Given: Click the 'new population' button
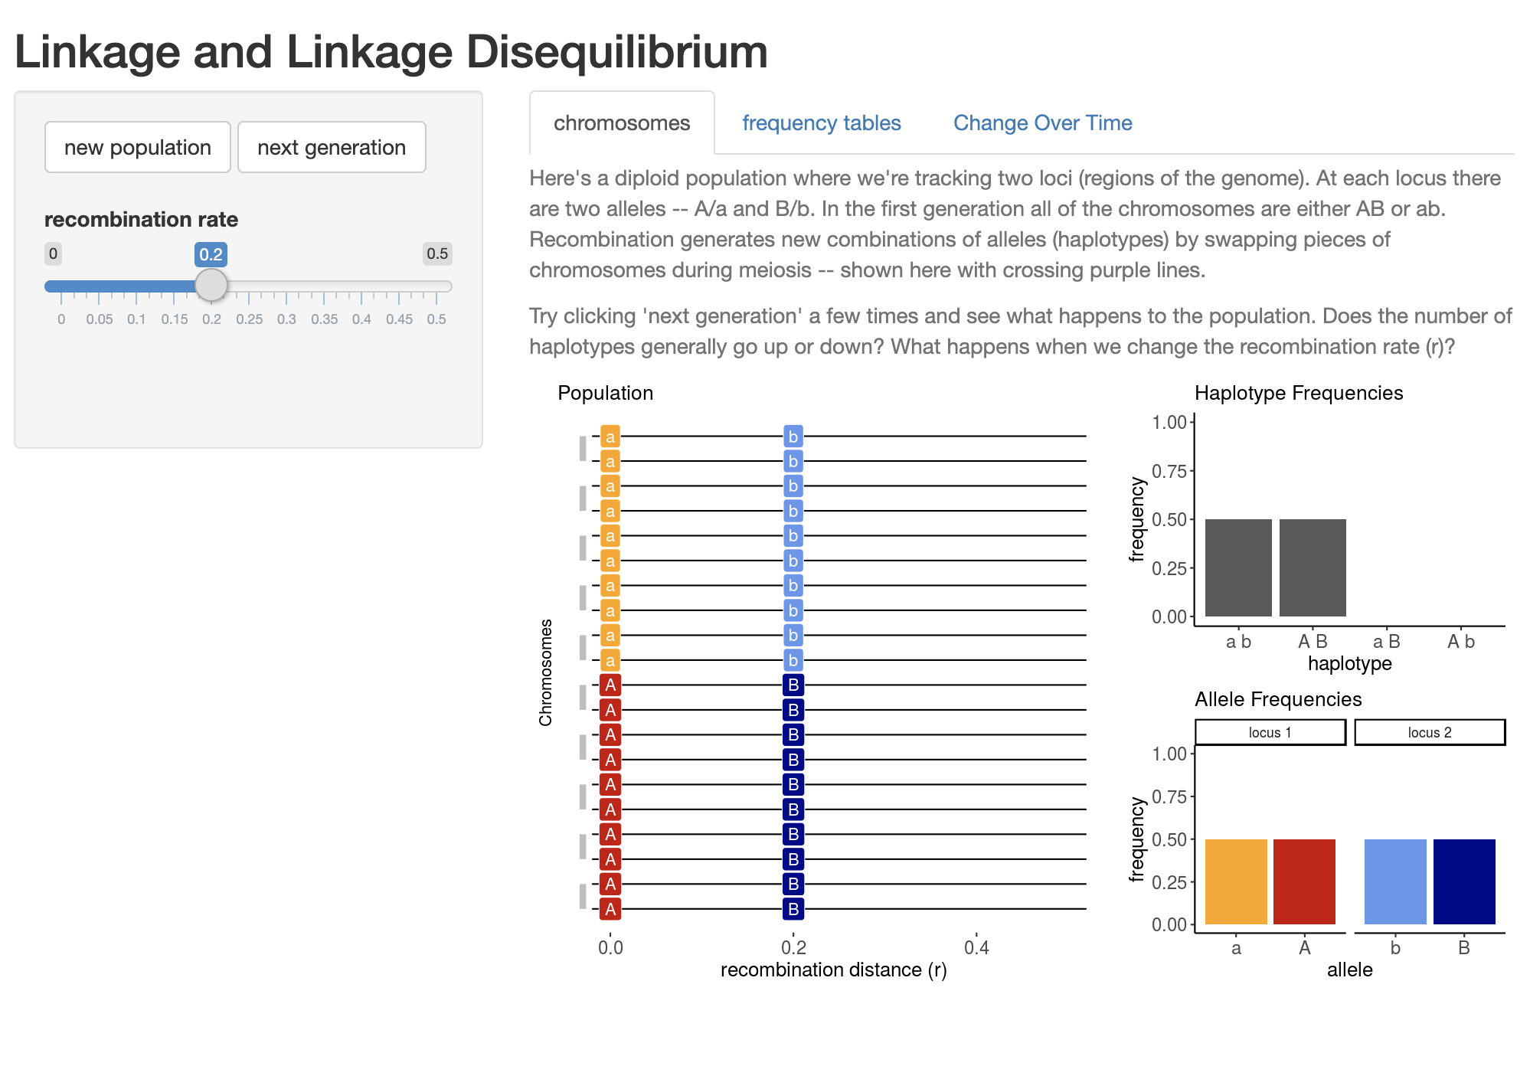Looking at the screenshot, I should (x=138, y=147).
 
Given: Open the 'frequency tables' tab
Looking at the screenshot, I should (x=821, y=123).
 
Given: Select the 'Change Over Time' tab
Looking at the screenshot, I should (x=1042, y=123).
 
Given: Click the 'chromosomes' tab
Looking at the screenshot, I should (x=622, y=123).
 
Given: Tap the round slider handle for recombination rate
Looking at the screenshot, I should (x=211, y=285).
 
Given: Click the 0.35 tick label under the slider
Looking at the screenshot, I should (x=325, y=319).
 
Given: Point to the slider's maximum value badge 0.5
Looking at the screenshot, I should (x=437, y=253).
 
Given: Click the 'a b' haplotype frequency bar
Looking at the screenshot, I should (x=1238, y=567).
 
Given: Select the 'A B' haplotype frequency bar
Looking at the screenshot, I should (x=1313, y=567).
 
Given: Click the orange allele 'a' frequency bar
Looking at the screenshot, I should (x=1236, y=881).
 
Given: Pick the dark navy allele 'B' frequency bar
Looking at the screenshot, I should (x=1464, y=881).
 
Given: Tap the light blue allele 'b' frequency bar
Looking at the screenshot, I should (x=1395, y=881).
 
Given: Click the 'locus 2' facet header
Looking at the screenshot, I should (x=1430, y=732).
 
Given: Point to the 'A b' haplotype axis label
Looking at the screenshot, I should (x=1461, y=642).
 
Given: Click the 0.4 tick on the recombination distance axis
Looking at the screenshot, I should (x=976, y=947).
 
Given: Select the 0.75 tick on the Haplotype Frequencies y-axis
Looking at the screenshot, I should (x=1169, y=471).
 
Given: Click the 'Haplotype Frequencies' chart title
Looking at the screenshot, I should (x=1299, y=393).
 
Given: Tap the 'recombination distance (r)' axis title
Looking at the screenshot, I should (x=833, y=970).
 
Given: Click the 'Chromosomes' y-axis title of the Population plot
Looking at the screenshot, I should (x=545, y=672).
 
